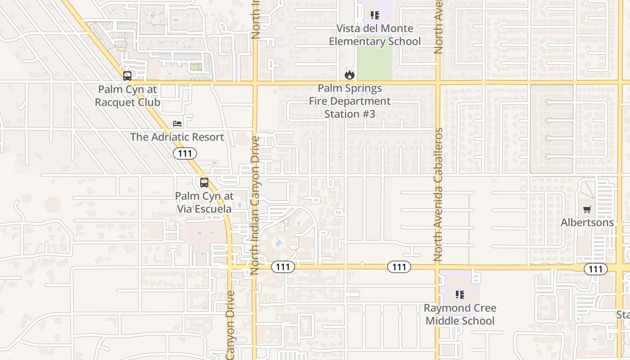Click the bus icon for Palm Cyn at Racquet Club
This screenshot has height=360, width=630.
click(x=127, y=76)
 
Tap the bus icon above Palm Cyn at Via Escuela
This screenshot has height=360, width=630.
click(x=204, y=183)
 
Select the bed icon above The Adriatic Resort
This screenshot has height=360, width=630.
click(x=177, y=124)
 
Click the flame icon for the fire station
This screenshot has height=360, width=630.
click(x=350, y=75)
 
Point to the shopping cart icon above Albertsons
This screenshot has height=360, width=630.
click(x=587, y=209)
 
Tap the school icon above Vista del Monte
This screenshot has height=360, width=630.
click(x=375, y=15)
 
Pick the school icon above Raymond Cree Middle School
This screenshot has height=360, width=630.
click(x=460, y=295)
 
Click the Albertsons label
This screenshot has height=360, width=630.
click(x=587, y=222)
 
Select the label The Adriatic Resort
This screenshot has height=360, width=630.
click(x=177, y=137)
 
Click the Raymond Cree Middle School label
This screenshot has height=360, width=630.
click(x=460, y=315)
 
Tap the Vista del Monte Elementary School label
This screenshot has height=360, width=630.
click(x=375, y=35)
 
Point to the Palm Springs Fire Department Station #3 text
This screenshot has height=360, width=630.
click(x=350, y=101)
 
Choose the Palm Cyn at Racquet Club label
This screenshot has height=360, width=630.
click(x=127, y=96)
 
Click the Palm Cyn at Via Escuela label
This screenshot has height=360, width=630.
click(x=204, y=202)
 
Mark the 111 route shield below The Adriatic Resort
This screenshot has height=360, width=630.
click(x=185, y=154)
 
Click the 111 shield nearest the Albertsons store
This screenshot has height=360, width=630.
click(x=596, y=269)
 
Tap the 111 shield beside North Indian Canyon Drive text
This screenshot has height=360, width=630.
click(x=283, y=267)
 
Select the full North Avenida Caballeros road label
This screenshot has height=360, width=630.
click(x=439, y=194)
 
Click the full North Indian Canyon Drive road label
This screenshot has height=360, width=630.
click(x=255, y=205)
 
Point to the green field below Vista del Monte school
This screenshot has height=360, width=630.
click(x=374, y=63)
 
